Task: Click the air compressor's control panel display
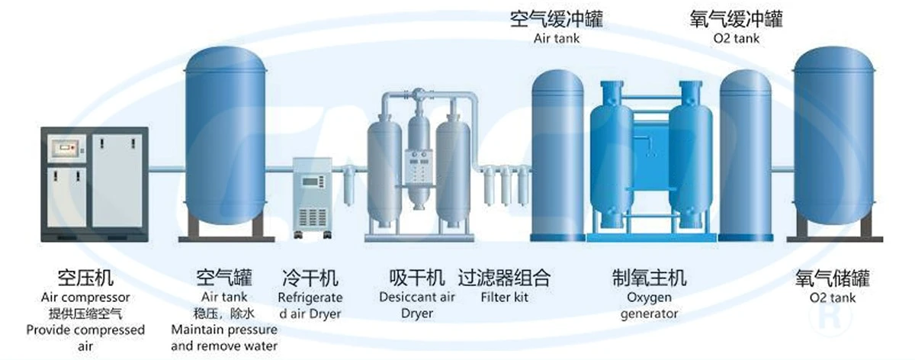pos(66,148)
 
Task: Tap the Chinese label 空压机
pos(85,278)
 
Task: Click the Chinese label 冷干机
pos(310,278)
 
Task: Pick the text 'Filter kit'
pos(504,297)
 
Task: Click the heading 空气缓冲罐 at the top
pos(557,19)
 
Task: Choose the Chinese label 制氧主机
pos(649,278)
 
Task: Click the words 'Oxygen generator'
pos(649,305)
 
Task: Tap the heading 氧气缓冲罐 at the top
pos(736,19)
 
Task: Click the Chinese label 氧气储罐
pos(833,278)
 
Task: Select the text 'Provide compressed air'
pos(85,338)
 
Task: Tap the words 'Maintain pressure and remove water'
pos(224,338)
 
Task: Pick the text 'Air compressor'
pos(85,297)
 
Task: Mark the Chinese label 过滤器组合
pos(504,278)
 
